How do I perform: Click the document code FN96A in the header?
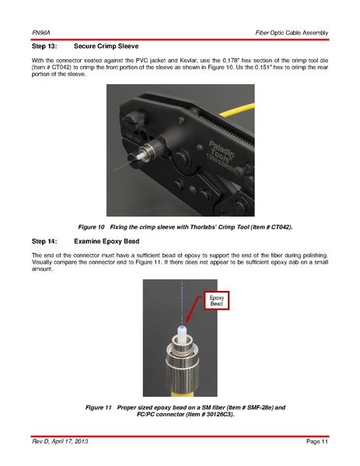click(x=41, y=33)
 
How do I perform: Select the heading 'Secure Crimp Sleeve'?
click(x=106, y=47)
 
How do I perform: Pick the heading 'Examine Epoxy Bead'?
click(x=107, y=241)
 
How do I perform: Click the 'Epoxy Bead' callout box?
click(x=216, y=301)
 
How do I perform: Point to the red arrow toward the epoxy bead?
click(x=194, y=310)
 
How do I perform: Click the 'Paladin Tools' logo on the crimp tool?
click(x=222, y=156)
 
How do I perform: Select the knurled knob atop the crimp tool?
click(x=135, y=120)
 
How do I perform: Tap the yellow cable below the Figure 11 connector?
click(x=182, y=393)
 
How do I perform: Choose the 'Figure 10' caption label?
click(x=91, y=227)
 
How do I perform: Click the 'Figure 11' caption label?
click(x=98, y=408)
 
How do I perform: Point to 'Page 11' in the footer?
click(x=317, y=442)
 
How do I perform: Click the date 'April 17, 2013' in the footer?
click(x=70, y=442)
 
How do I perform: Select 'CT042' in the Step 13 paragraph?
click(x=61, y=68)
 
